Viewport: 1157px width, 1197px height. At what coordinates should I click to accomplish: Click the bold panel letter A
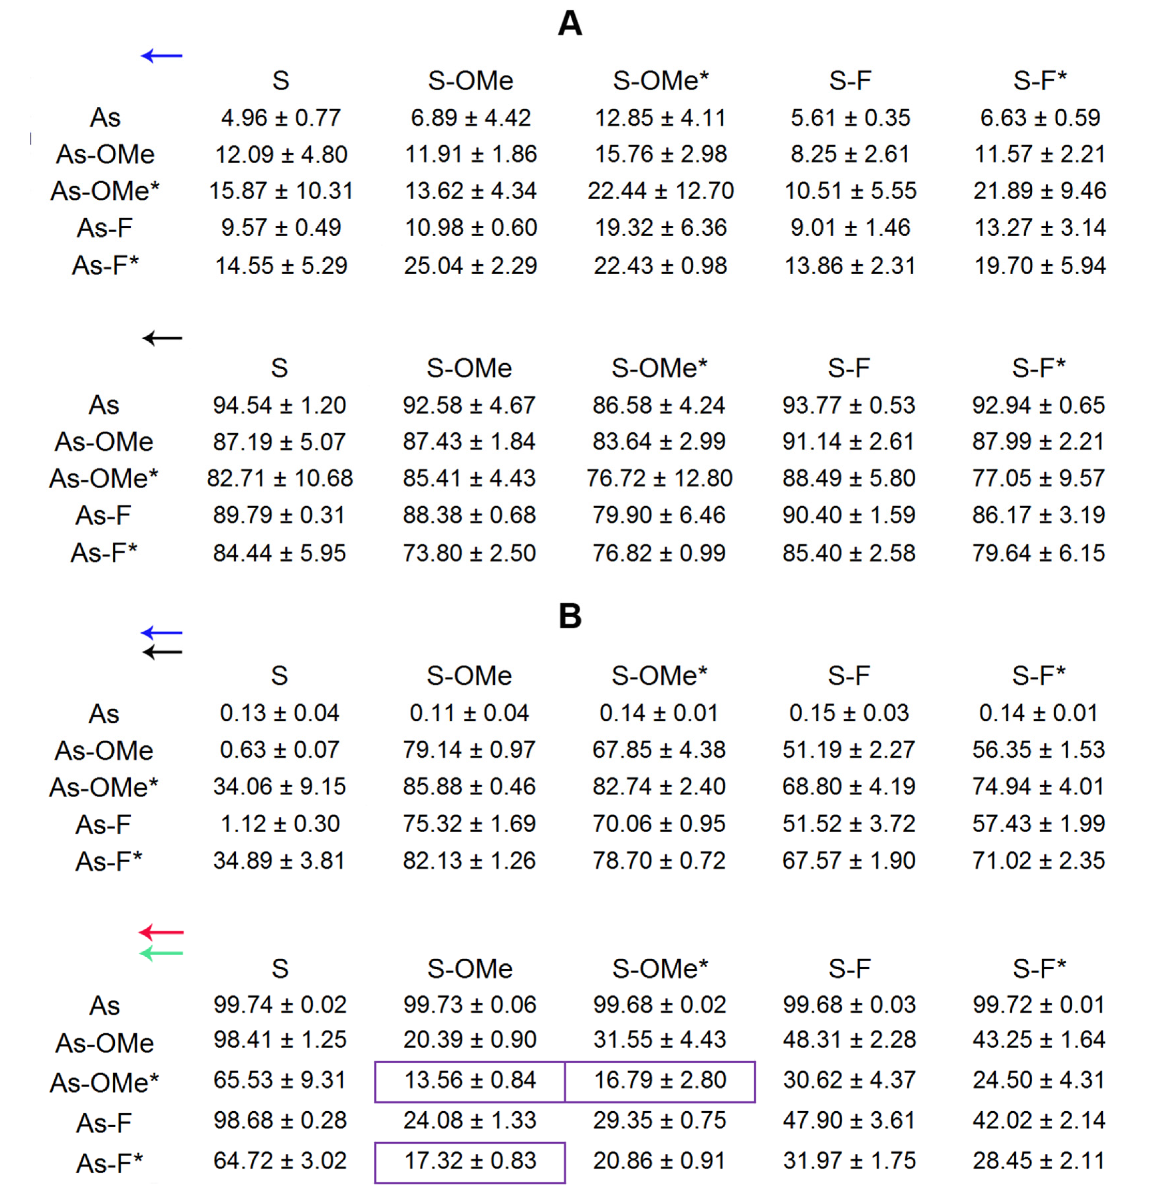point(570,24)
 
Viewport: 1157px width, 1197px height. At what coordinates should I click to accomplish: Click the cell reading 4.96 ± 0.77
point(281,118)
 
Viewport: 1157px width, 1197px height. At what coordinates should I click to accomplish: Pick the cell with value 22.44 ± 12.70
point(661,191)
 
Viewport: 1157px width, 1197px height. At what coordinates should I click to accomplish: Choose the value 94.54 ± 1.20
point(280,406)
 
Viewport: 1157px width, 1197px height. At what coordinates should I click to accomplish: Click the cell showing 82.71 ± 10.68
point(280,478)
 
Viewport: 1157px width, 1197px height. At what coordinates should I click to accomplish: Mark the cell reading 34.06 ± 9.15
point(280,786)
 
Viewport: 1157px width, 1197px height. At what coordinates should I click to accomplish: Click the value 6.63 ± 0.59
point(1040,118)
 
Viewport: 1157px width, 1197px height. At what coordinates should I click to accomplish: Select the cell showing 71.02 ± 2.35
point(1039,861)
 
